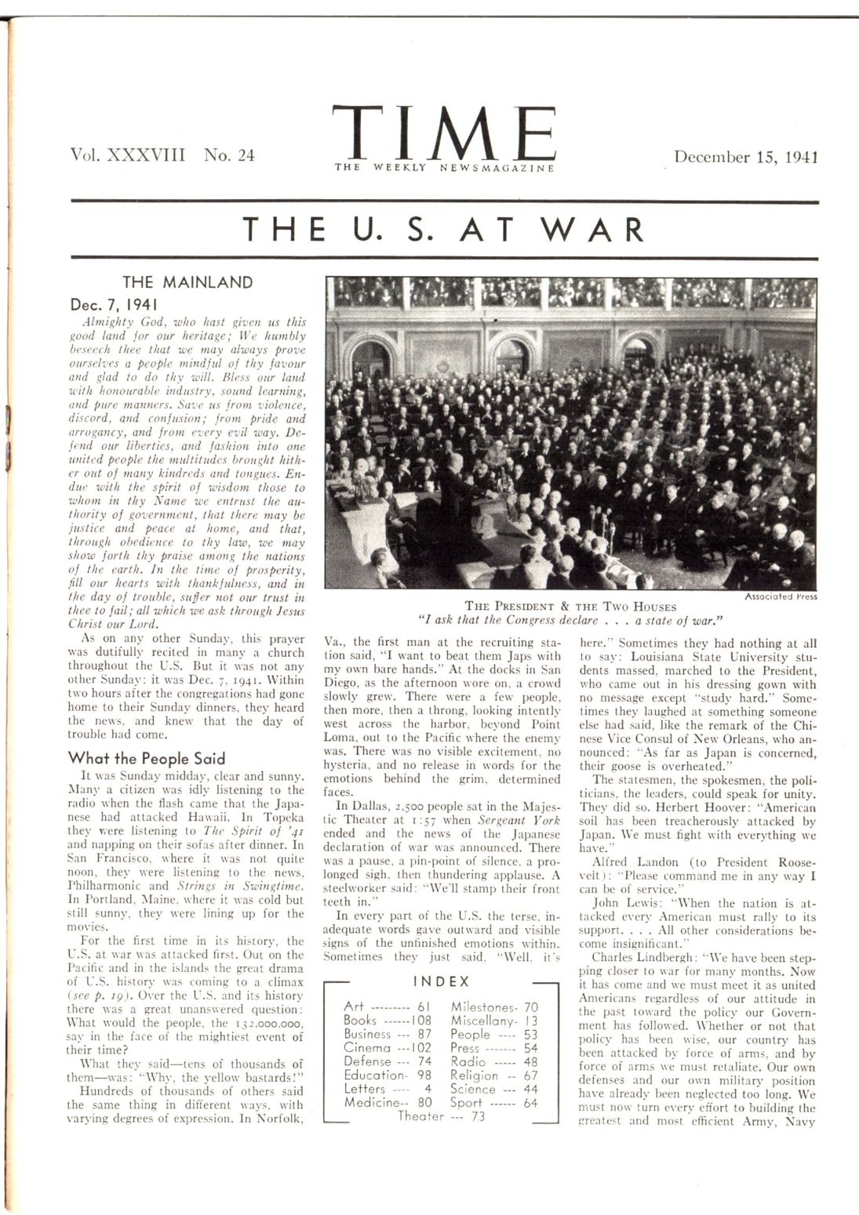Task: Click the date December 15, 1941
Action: [746, 156]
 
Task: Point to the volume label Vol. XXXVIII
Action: [127, 154]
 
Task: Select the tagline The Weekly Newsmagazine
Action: [444, 167]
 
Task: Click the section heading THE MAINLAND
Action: [187, 282]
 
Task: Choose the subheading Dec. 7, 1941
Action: [115, 303]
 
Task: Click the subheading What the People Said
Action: [147, 758]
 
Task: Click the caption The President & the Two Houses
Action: [570, 606]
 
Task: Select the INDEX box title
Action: [441, 981]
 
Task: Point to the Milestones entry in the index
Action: [483, 1006]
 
